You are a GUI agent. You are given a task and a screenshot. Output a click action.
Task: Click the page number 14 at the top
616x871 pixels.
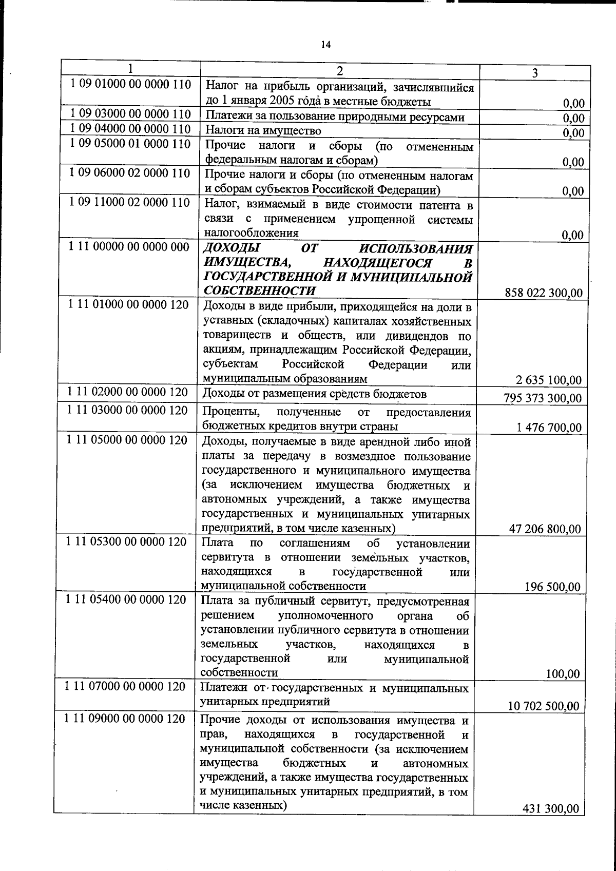coord(325,45)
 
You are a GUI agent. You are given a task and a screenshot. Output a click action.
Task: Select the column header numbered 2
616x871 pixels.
coord(339,71)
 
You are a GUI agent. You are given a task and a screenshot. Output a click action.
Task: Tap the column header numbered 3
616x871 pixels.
coord(534,73)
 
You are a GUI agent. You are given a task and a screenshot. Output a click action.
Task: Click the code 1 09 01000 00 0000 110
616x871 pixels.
coord(130,84)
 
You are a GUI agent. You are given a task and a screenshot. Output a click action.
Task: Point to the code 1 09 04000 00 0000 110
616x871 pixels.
coord(130,128)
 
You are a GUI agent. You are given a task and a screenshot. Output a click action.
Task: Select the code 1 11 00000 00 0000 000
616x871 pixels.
coord(129,247)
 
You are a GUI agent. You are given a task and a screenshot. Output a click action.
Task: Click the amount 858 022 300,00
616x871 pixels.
coord(544,293)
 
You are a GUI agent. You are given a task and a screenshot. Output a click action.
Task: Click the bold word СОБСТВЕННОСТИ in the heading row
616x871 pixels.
coord(259,291)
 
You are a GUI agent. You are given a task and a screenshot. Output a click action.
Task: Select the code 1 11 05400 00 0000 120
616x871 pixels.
coord(126,599)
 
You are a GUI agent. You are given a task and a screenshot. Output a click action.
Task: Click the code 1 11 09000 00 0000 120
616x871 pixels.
coord(125,719)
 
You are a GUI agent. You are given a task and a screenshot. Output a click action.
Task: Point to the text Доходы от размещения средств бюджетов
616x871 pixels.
coord(315,394)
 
